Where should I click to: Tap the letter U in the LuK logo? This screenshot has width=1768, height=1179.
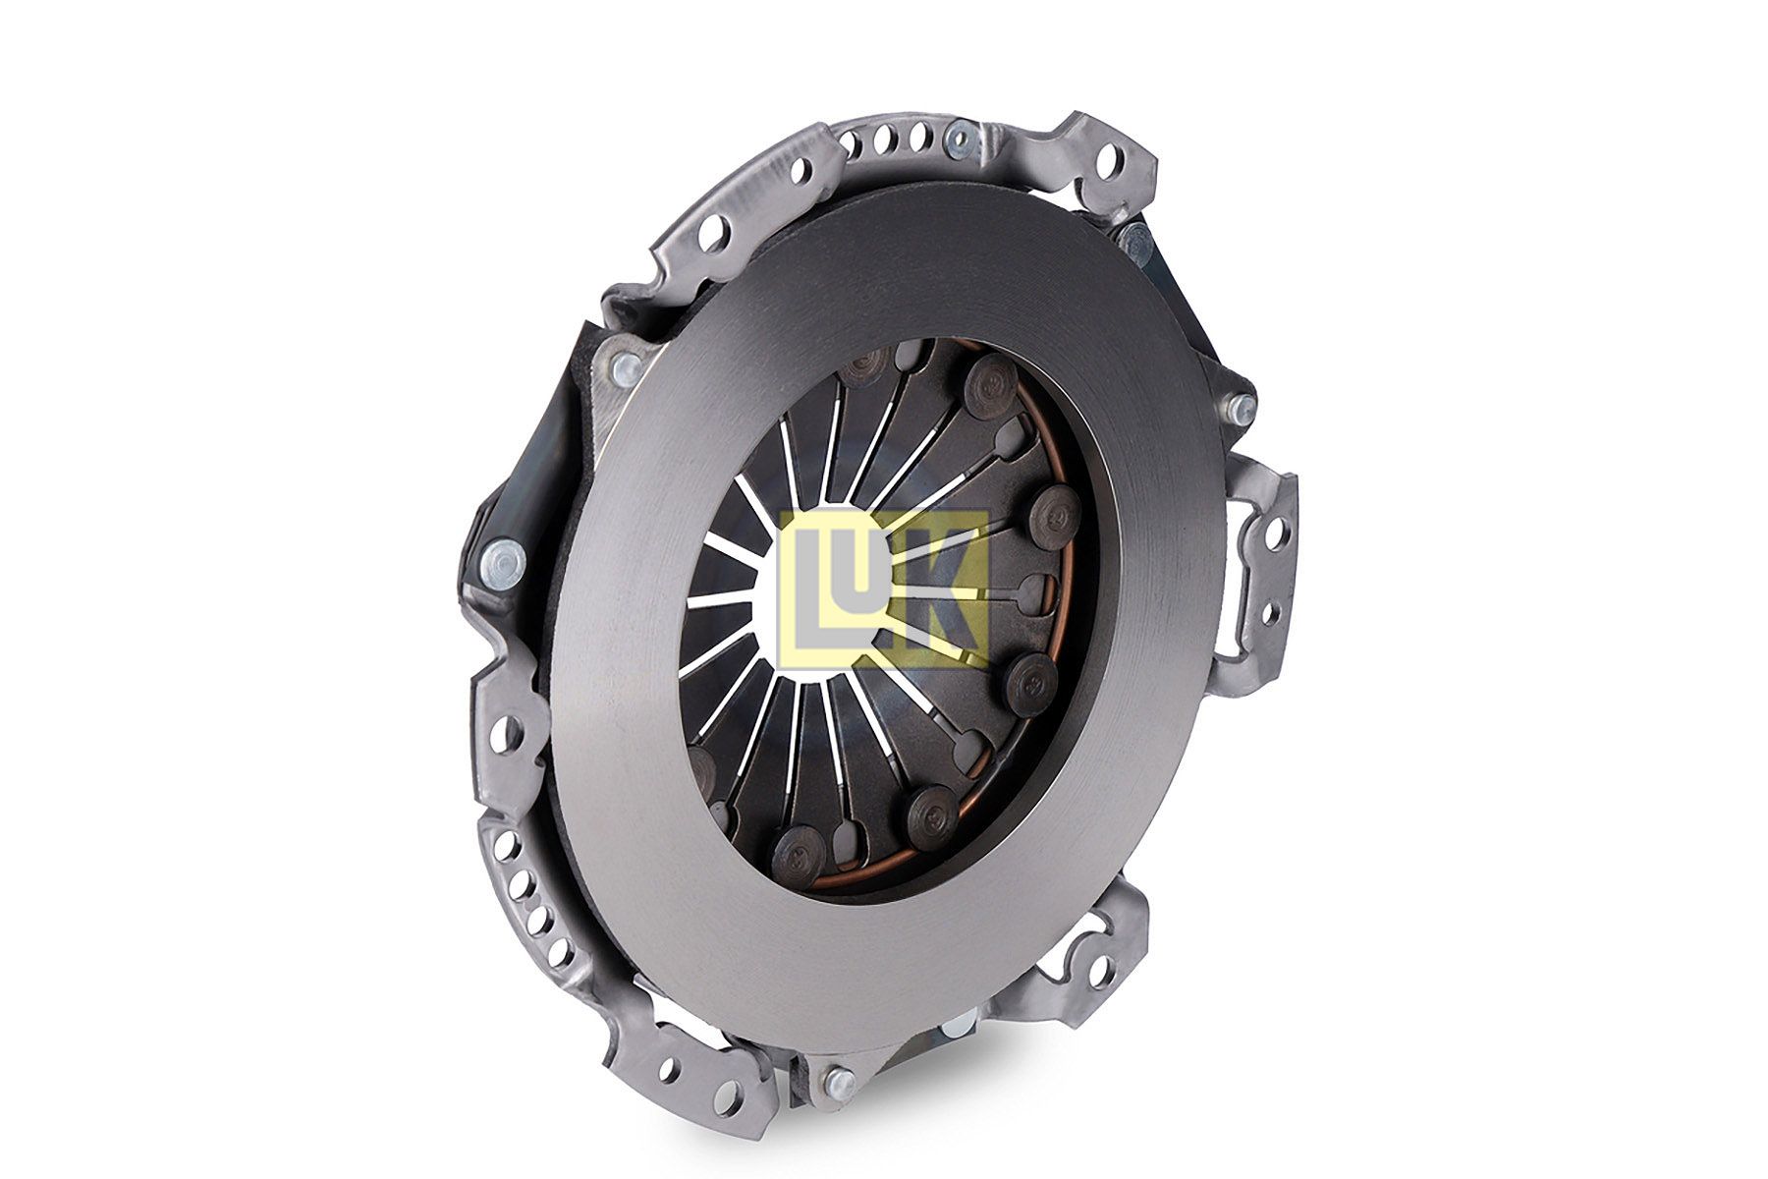[x=862, y=563]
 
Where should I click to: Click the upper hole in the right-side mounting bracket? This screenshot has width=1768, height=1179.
[x=1275, y=534]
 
